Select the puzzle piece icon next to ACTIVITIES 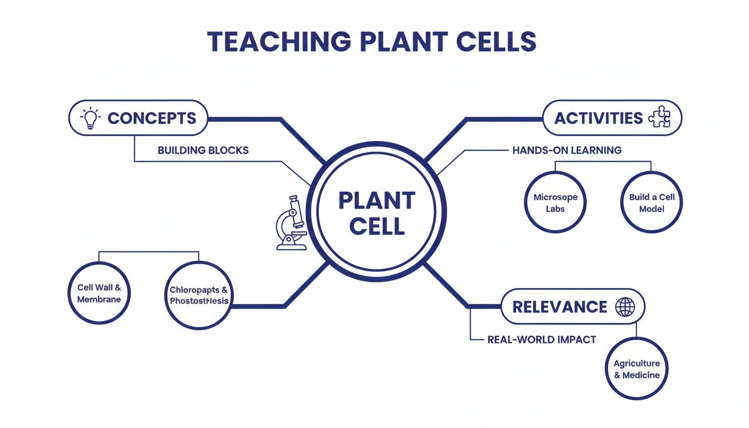[661, 118]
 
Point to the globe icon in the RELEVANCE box [624, 307]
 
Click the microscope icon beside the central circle [291, 223]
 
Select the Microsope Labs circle [555, 203]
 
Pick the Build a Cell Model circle [651, 203]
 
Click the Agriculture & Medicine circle [636, 369]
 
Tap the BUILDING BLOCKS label [203, 150]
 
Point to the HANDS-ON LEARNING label [566, 150]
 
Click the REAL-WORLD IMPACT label [541, 339]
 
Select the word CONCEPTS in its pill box [152, 118]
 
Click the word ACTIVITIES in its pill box [599, 118]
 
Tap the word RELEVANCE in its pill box [560, 307]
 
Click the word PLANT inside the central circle [377, 201]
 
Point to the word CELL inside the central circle [377, 227]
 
